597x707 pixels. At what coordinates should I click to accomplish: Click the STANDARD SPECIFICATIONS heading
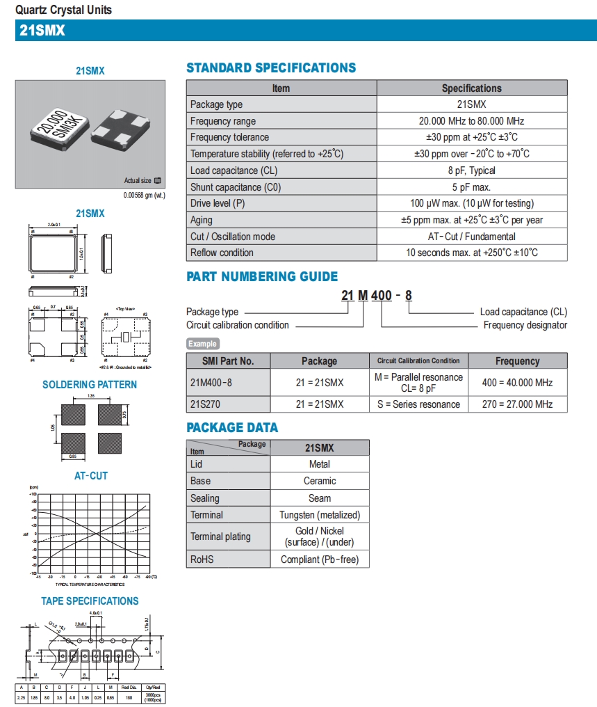pyautogui.click(x=271, y=68)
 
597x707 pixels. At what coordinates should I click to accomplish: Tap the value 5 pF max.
pyautogui.click(x=471, y=187)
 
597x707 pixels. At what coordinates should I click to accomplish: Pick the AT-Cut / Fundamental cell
pyautogui.click(x=471, y=237)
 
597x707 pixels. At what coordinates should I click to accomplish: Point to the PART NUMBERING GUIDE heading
pyautogui.click(x=262, y=276)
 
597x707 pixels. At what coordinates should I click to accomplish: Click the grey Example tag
pyautogui.click(x=202, y=344)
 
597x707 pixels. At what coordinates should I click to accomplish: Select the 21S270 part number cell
pyautogui.click(x=206, y=404)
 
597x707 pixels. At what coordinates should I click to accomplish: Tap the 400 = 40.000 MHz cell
pyautogui.click(x=517, y=383)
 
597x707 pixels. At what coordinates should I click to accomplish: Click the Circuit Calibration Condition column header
pyautogui.click(x=418, y=361)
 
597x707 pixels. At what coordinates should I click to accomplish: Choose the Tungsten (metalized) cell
pyautogui.click(x=320, y=515)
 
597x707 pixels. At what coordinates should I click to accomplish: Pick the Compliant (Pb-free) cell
pyautogui.click(x=320, y=559)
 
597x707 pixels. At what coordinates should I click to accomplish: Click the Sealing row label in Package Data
pyautogui.click(x=204, y=498)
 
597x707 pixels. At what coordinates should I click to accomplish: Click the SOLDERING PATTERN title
pyautogui.click(x=90, y=385)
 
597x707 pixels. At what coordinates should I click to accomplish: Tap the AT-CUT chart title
pyautogui.click(x=90, y=476)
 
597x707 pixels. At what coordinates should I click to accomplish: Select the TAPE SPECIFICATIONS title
pyautogui.click(x=90, y=601)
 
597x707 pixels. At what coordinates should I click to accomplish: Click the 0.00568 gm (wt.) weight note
pyautogui.click(x=144, y=195)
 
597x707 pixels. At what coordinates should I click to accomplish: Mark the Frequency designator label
pyautogui.click(x=525, y=325)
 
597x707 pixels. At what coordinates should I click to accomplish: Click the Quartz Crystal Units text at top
pyautogui.click(x=63, y=10)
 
